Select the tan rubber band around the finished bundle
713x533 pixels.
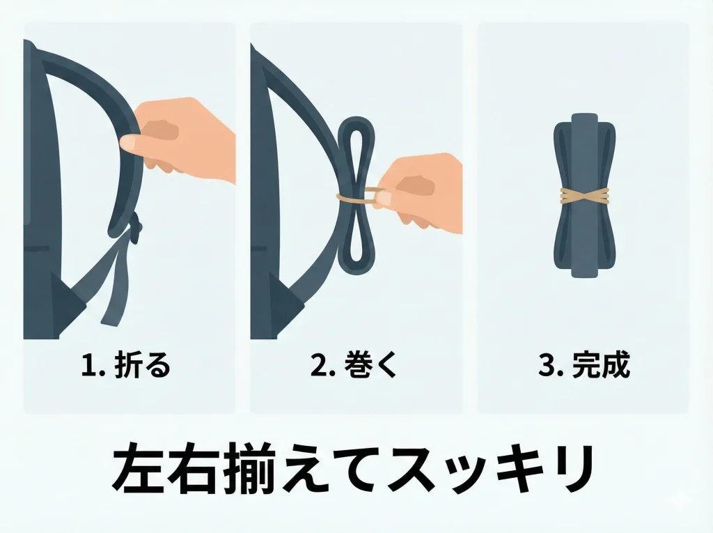point(583,197)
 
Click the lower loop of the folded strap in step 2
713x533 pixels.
point(359,240)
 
